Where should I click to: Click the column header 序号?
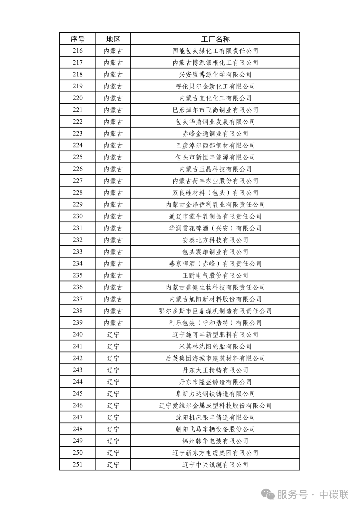click(77, 39)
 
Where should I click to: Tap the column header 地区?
click(113, 39)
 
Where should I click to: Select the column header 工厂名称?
click(215, 39)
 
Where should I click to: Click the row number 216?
click(77, 51)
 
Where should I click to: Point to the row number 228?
click(77, 193)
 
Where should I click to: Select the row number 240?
click(77, 334)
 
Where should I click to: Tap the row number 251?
click(77, 464)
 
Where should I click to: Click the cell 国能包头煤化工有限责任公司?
click(215, 51)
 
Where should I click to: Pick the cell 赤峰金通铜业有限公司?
click(215, 134)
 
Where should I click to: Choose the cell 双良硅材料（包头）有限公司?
click(215, 193)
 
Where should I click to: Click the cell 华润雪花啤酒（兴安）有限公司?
click(215, 228)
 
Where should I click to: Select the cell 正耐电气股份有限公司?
click(215, 275)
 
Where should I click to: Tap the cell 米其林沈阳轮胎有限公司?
click(215, 346)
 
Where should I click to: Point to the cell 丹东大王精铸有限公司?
click(215, 370)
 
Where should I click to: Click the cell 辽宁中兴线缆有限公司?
click(215, 465)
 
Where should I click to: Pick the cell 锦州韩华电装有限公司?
click(215, 441)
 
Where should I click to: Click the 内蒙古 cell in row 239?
click(113, 323)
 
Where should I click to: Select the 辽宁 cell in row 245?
click(113, 394)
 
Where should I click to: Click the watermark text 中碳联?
click(334, 495)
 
